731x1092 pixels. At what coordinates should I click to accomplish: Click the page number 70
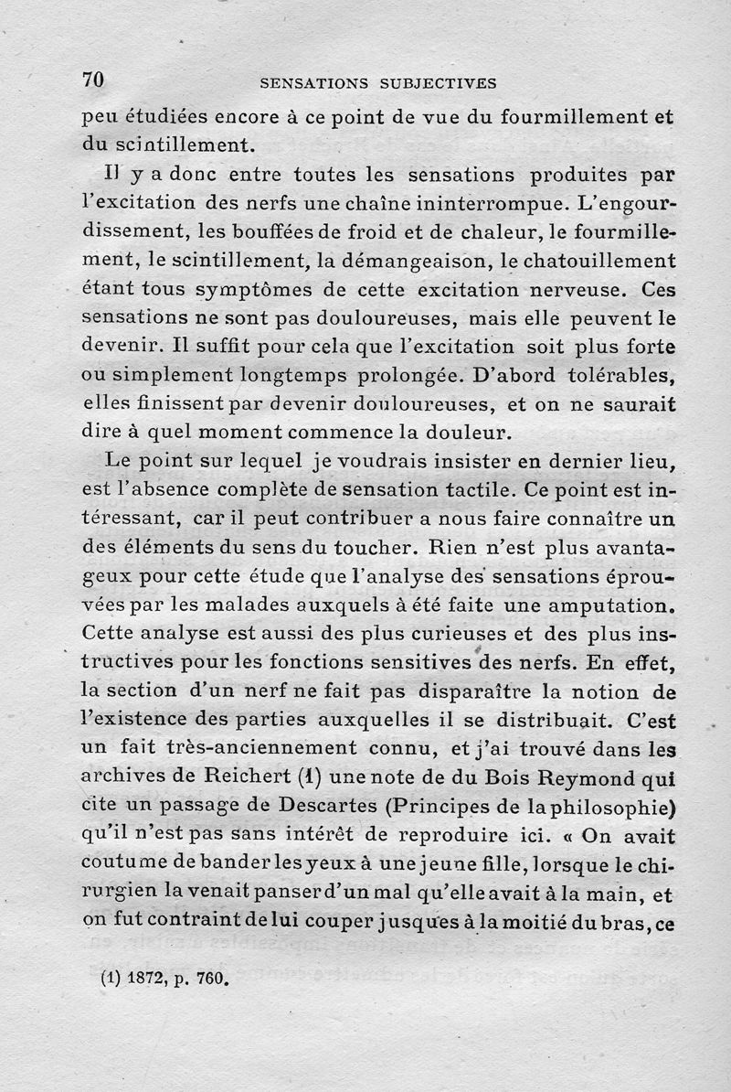93,80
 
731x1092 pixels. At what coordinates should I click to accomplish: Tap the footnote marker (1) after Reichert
287,777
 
